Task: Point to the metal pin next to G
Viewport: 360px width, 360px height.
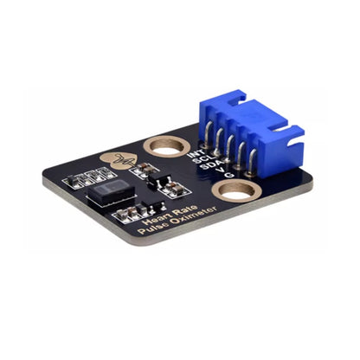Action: click(250, 169)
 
